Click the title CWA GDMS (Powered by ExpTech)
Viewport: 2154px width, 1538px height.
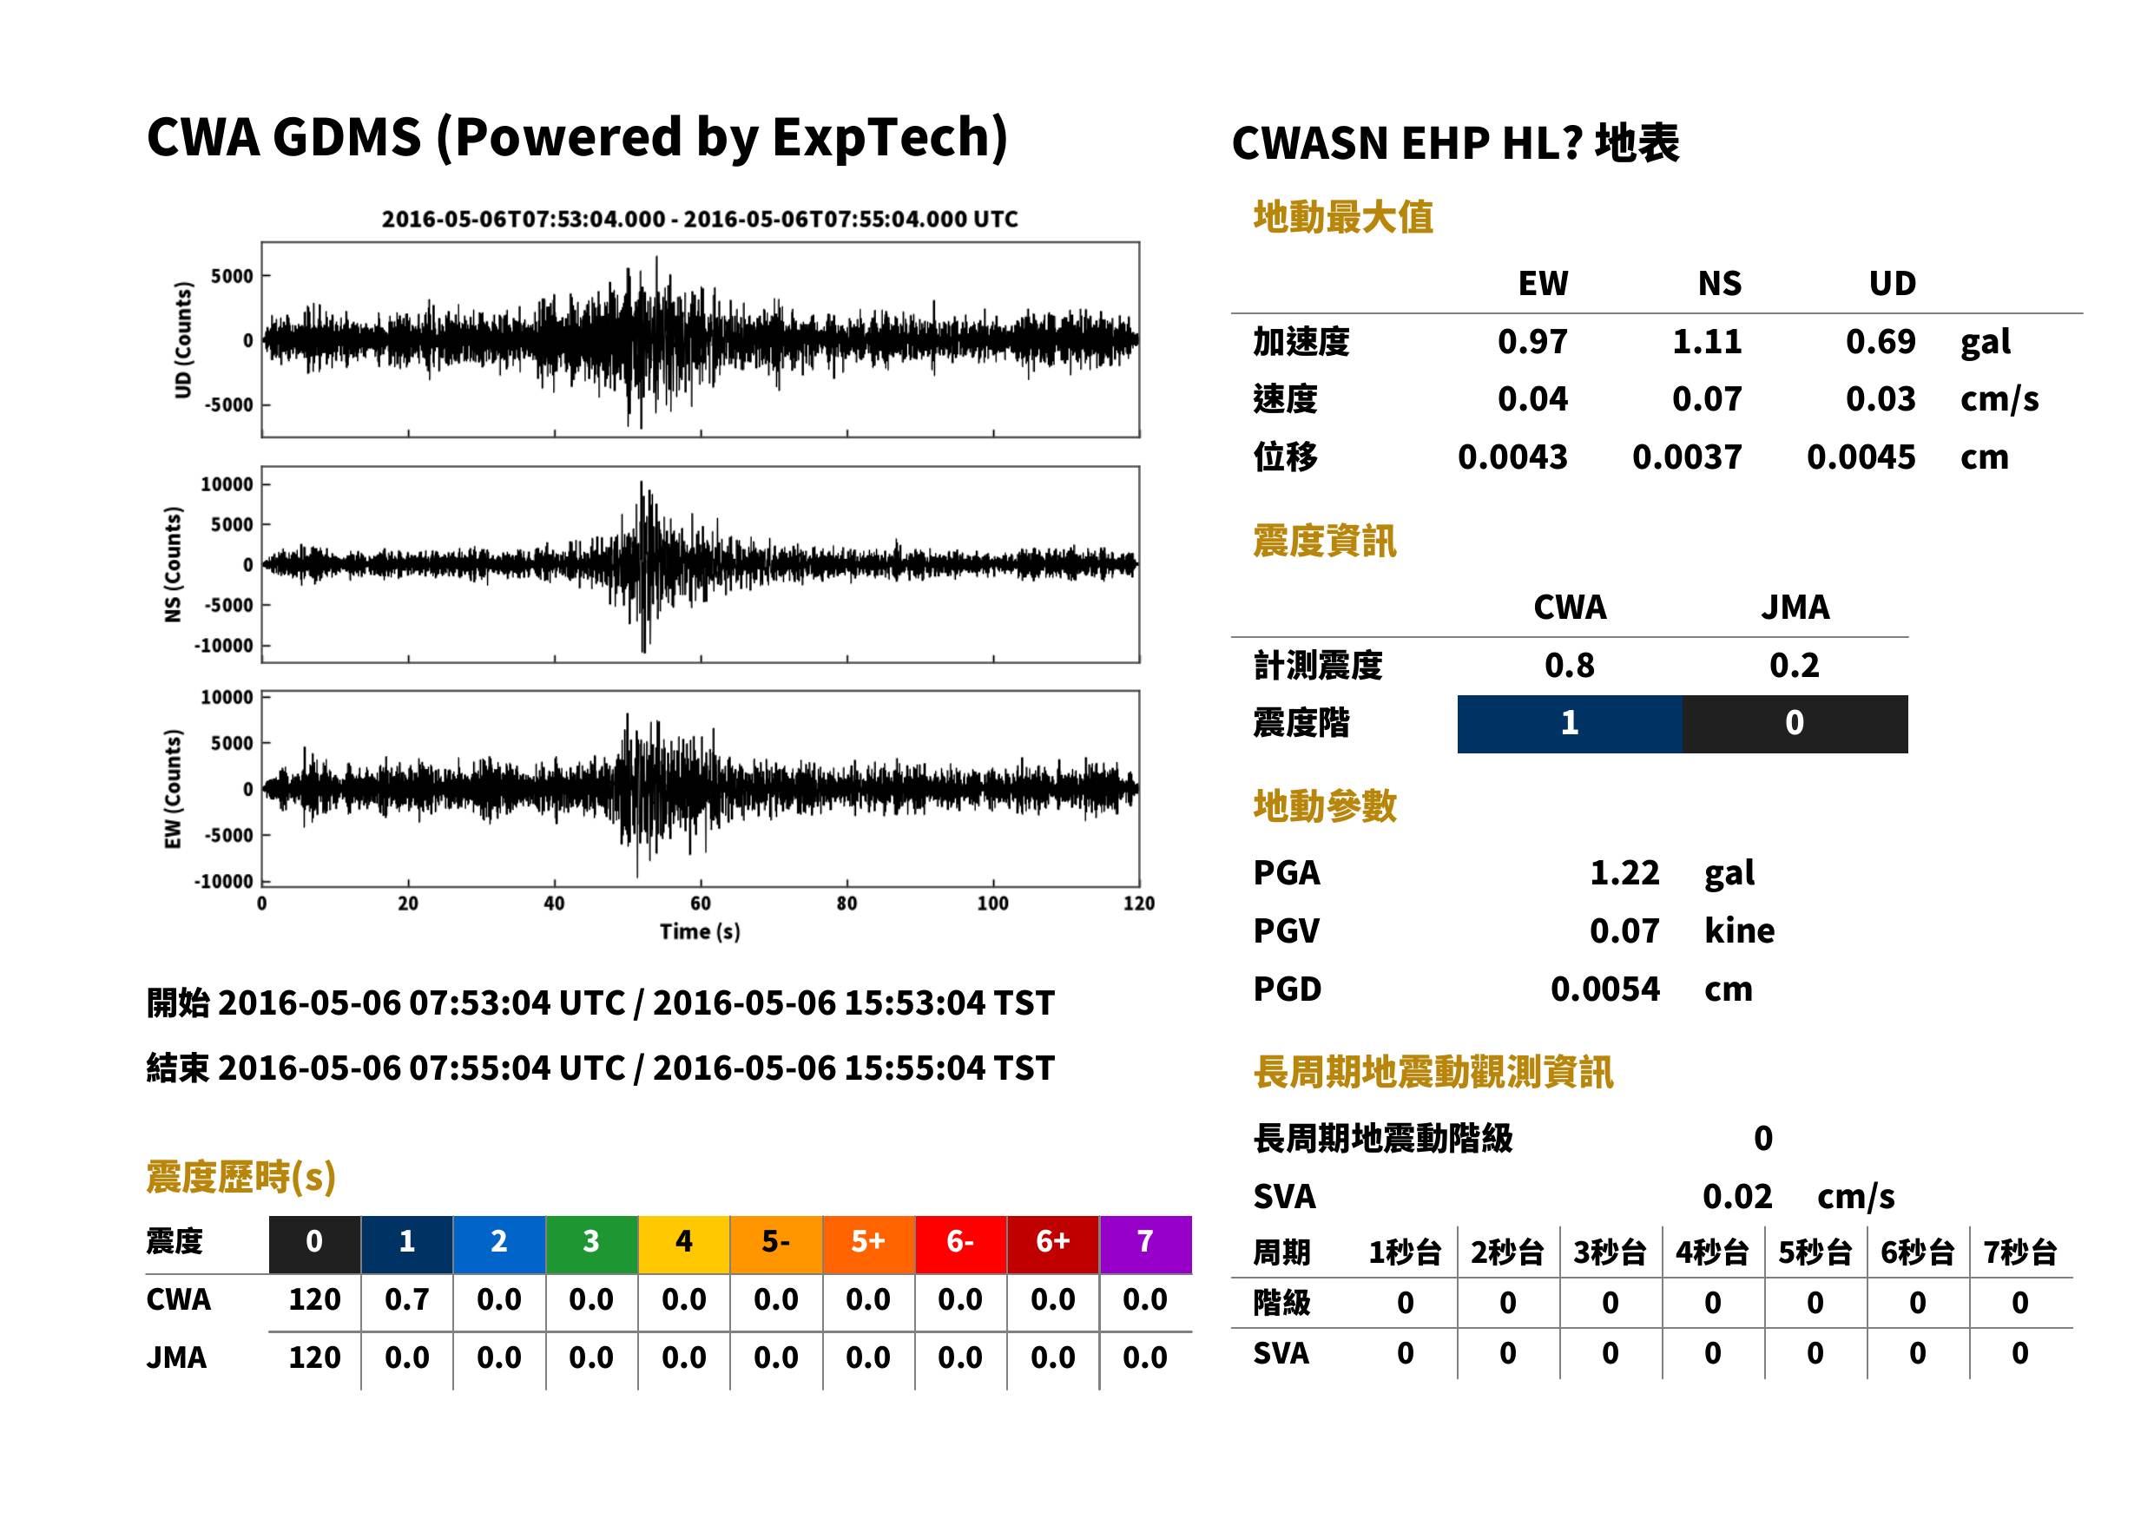pyautogui.click(x=576, y=137)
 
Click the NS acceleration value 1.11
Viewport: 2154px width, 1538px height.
pyautogui.click(x=1707, y=341)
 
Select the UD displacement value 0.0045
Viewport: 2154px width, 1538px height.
pyautogui.click(x=1861, y=457)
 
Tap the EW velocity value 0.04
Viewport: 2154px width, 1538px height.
pyautogui.click(x=1532, y=398)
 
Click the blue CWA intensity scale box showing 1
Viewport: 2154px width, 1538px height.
pyautogui.click(x=1570, y=724)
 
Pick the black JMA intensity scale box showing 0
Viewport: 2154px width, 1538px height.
pyautogui.click(x=1795, y=724)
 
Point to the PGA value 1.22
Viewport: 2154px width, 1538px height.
pyautogui.click(x=1624, y=872)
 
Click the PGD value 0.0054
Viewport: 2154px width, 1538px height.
pyautogui.click(x=1604, y=989)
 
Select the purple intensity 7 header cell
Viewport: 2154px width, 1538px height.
pyautogui.click(x=1145, y=1244)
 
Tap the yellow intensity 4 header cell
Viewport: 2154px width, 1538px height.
pyautogui.click(x=684, y=1244)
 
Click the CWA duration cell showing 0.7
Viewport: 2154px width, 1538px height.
pyautogui.click(x=407, y=1299)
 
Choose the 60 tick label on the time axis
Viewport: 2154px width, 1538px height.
pyautogui.click(x=700, y=904)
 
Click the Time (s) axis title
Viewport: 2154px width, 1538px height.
pyautogui.click(x=700, y=932)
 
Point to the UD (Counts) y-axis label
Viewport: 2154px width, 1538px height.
pyautogui.click(x=183, y=340)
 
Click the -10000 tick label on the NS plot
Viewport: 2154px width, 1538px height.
pyautogui.click(x=223, y=646)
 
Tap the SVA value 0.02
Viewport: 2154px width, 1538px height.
pyautogui.click(x=1737, y=1196)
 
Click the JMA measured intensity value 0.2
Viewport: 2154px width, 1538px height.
pyautogui.click(x=1794, y=665)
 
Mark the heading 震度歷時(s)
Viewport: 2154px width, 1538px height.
pyautogui.click(x=240, y=1177)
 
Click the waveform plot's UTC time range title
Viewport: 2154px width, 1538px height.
pyautogui.click(x=700, y=219)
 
